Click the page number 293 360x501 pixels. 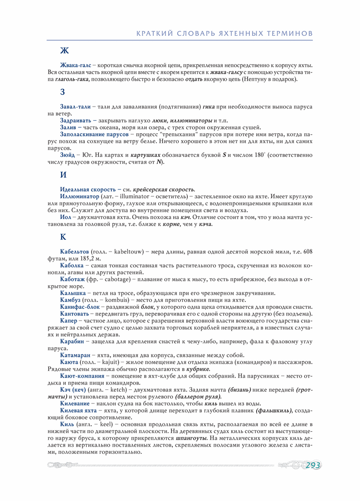tap(312, 465)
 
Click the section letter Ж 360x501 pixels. tap(64, 51)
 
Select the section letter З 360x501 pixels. tap(63, 92)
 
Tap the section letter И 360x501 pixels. tap(64, 175)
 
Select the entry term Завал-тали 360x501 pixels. tap(75, 107)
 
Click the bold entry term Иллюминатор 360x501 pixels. tap(79, 196)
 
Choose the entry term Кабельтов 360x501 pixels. tap(74, 251)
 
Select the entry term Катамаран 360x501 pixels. tap(75, 355)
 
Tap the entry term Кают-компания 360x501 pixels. tap(82, 376)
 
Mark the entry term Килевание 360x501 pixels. tap(75, 404)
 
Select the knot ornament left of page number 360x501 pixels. tap(288, 465)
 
